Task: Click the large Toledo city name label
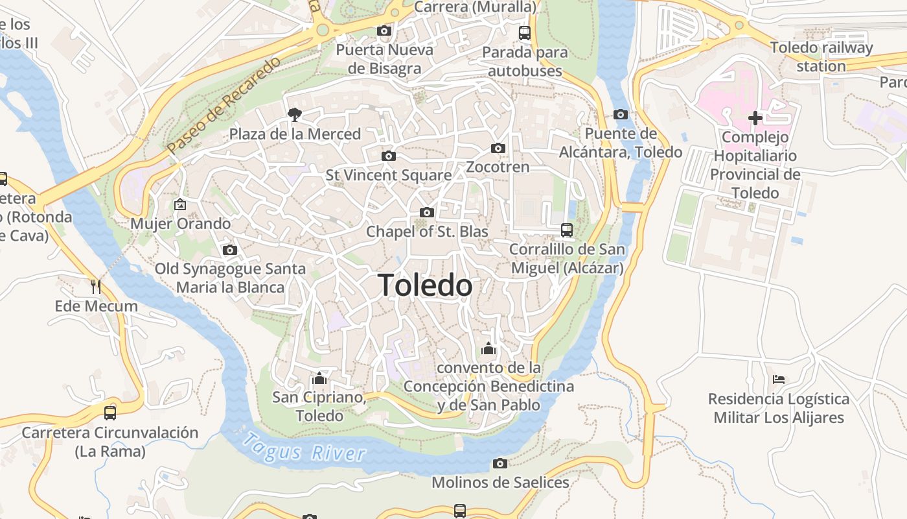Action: (425, 285)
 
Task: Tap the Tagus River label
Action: (303, 447)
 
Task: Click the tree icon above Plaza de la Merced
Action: (295, 115)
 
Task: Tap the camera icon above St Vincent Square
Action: (389, 156)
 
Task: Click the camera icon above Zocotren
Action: (498, 148)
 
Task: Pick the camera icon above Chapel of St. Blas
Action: (426, 212)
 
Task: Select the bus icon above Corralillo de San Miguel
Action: (567, 230)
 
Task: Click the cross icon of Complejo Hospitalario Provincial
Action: (755, 118)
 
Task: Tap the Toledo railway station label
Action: (821, 57)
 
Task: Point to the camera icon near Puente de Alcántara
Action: (621, 115)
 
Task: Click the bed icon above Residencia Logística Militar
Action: (779, 379)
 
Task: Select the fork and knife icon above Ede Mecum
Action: (96, 286)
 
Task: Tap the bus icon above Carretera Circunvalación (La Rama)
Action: (110, 413)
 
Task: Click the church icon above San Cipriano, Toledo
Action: (319, 378)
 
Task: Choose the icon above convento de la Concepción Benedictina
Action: (488, 348)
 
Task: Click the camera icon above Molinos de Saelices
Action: (499, 463)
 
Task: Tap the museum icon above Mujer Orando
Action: (179, 204)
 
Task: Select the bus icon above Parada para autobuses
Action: (525, 32)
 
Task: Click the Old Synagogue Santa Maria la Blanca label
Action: (230, 278)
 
